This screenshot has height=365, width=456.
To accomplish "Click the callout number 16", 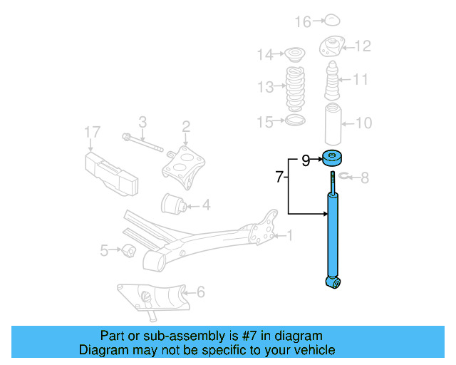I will click(x=304, y=22).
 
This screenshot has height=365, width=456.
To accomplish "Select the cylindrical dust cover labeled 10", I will click(x=332, y=125).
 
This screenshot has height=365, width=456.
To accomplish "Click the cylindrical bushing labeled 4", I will click(x=175, y=204).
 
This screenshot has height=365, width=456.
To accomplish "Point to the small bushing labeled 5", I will click(x=129, y=251).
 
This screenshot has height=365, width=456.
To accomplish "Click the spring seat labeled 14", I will click(x=292, y=53).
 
